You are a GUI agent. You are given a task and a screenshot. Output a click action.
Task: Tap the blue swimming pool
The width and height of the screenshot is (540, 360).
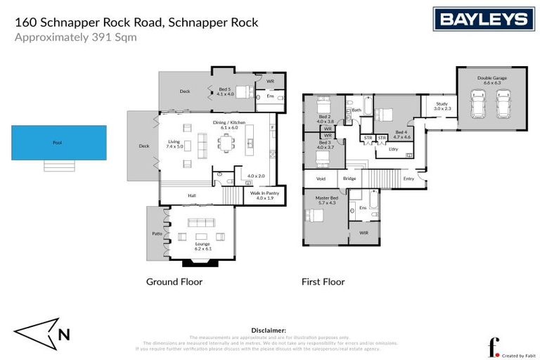pyautogui.click(x=58, y=143)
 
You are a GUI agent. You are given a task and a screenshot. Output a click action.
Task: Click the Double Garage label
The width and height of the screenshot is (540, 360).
pyautogui.click(x=491, y=78)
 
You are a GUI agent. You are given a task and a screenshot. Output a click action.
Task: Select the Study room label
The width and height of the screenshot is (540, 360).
pyautogui.click(x=441, y=106)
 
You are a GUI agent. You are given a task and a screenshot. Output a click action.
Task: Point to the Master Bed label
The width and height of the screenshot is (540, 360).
pyautogui.click(x=326, y=199)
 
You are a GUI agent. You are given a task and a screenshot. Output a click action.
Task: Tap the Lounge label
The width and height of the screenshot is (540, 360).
pyautogui.click(x=203, y=245)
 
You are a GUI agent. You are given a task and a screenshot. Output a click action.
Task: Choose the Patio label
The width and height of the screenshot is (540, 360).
pyautogui.click(x=157, y=233)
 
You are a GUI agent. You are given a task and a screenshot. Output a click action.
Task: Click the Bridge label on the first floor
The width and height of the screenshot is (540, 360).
pyautogui.click(x=349, y=179)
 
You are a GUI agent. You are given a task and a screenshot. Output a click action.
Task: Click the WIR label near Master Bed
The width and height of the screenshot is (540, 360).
pyautogui.click(x=364, y=232)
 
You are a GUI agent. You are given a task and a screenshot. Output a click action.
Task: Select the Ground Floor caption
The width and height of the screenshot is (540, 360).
pyautogui.click(x=174, y=282)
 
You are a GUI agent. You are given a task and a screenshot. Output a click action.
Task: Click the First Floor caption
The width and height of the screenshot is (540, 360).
pyautogui.click(x=324, y=282)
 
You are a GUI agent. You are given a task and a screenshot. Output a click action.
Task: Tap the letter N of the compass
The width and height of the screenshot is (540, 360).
pyautogui.click(x=63, y=335)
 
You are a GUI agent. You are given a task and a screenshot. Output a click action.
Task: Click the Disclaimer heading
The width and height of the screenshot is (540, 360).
pyautogui.click(x=269, y=330)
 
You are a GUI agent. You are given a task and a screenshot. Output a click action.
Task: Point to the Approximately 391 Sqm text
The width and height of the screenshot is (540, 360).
pyautogui.click(x=76, y=38)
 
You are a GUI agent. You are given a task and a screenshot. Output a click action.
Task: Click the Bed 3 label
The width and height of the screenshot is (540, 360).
pyautogui.click(x=324, y=145)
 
